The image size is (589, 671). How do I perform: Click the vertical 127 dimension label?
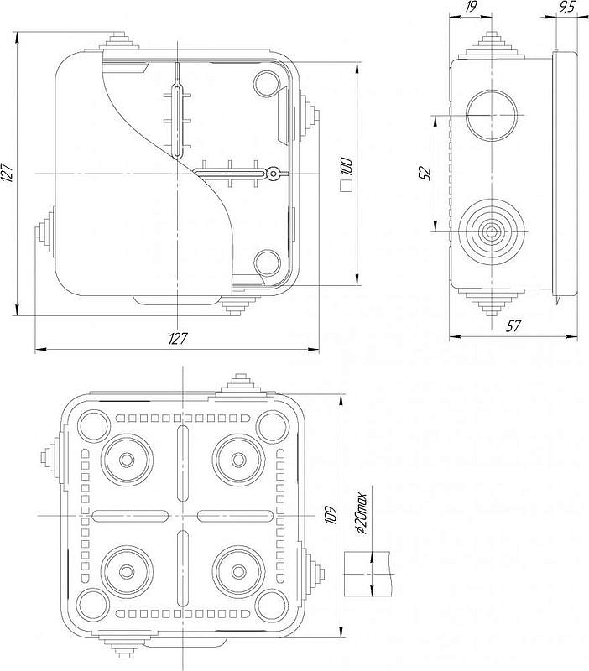[8, 174]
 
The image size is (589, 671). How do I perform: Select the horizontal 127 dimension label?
[178, 338]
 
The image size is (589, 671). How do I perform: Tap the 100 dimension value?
[347, 167]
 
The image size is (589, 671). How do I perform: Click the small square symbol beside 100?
[346, 186]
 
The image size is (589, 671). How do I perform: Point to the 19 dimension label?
[471, 8]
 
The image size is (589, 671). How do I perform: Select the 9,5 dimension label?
[566, 8]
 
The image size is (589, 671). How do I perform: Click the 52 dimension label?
[425, 174]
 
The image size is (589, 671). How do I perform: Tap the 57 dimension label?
[513, 326]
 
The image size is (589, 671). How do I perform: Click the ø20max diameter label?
[362, 514]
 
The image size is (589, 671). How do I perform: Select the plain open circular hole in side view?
[492, 115]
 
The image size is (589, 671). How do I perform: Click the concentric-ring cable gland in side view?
[492, 231]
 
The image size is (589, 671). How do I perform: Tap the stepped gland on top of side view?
[492, 46]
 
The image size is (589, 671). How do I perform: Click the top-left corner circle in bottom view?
[93, 426]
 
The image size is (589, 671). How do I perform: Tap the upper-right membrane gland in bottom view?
[238, 460]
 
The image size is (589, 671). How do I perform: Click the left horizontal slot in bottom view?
[130, 516]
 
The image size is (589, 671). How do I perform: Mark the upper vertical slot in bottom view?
[183, 463]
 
